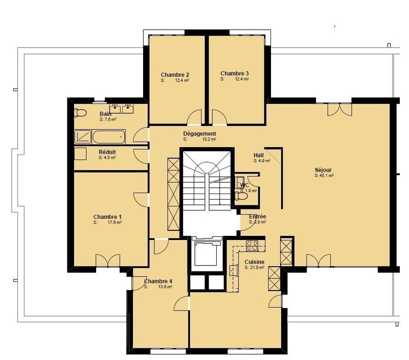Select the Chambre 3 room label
point(235,73)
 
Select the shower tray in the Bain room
point(82,136)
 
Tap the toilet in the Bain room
point(79,112)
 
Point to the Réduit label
point(107,152)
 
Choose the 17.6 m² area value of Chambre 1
point(113,223)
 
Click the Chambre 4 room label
point(158,281)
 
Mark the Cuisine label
point(254,261)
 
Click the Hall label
point(259,155)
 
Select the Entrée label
point(257,217)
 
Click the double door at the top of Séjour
point(339,109)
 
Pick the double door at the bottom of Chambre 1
point(107,260)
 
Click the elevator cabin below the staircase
point(207,254)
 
